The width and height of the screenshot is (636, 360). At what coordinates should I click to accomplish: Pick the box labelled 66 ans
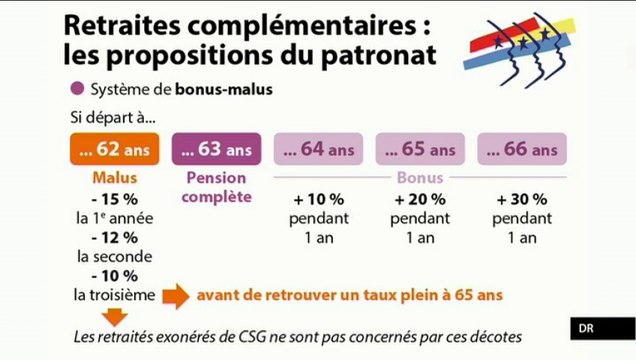click(520, 150)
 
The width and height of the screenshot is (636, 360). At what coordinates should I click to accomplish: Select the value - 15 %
click(113, 199)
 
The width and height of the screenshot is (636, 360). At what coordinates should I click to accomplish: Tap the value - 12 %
click(113, 237)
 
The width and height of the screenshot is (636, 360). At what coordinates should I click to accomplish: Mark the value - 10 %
click(113, 275)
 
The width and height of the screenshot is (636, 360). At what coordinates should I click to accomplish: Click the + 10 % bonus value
click(316, 199)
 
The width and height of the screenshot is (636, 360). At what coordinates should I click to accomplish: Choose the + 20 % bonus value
click(418, 199)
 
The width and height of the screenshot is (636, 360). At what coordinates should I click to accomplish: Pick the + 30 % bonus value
click(520, 199)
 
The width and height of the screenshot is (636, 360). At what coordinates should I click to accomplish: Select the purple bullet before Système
click(78, 89)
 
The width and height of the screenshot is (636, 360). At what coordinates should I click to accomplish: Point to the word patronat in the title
click(368, 52)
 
